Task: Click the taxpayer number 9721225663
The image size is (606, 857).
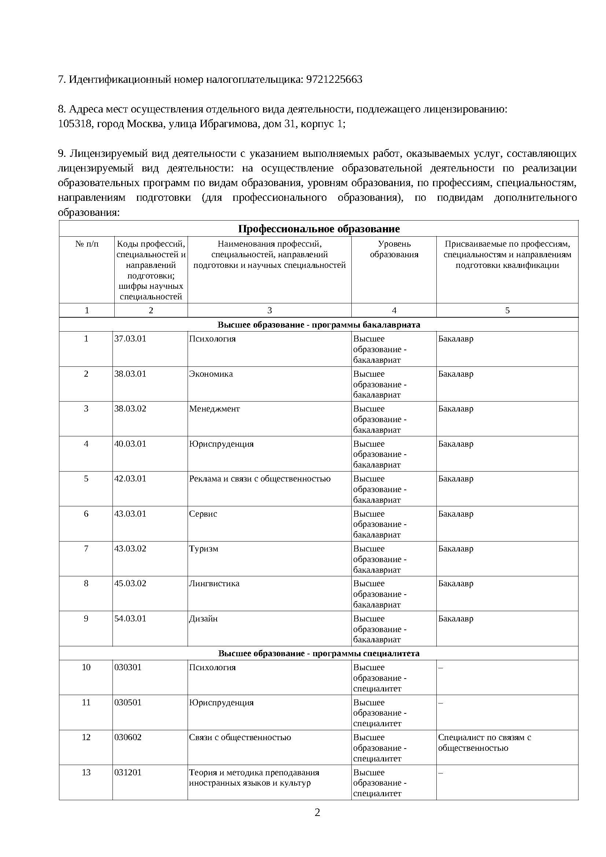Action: (x=334, y=80)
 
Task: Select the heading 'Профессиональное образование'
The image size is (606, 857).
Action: (x=319, y=229)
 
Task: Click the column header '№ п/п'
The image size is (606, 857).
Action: (x=87, y=244)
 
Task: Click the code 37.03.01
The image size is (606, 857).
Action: (x=130, y=339)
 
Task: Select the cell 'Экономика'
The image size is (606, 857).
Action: (x=211, y=374)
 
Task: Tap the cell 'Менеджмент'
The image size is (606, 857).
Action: (x=214, y=409)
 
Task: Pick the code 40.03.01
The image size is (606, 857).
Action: (x=130, y=444)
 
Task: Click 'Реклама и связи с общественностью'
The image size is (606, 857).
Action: (x=260, y=479)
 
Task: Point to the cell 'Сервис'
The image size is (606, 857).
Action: (x=203, y=514)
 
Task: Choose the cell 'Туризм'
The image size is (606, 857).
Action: (x=203, y=549)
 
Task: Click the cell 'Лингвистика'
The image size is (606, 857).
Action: (x=214, y=583)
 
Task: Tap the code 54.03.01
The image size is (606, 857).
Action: (x=130, y=618)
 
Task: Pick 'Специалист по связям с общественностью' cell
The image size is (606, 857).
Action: (x=484, y=742)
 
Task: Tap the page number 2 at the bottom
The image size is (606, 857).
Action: (x=318, y=813)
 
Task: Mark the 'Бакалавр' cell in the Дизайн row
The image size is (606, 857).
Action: (x=456, y=618)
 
